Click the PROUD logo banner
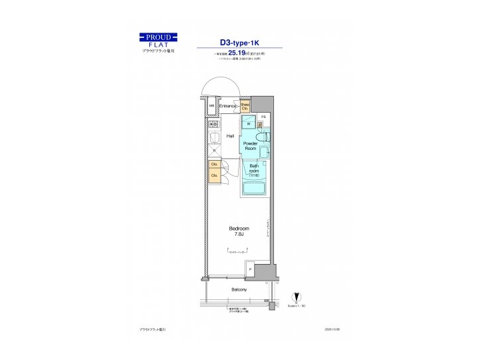pyautogui.click(x=159, y=37)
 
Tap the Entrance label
pyautogui.click(x=229, y=106)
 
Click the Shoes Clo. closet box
pyautogui.click(x=245, y=106)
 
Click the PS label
pyautogui.click(x=263, y=117)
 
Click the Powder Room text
pyautogui.click(x=251, y=146)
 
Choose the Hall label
pyautogui.click(x=229, y=135)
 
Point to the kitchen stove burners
pyautogui.click(x=214, y=124)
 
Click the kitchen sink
pyautogui.click(x=214, y=137)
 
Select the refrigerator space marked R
pyautogui.click(x=214, y=151)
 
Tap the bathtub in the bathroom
pyautogui.click(x=254, y=188)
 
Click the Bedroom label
pyautogui.click(x=238, y=228)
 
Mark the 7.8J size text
pyautogui.click(x=238, y=235)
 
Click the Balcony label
pyautogui.click(x=239, y=289)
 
